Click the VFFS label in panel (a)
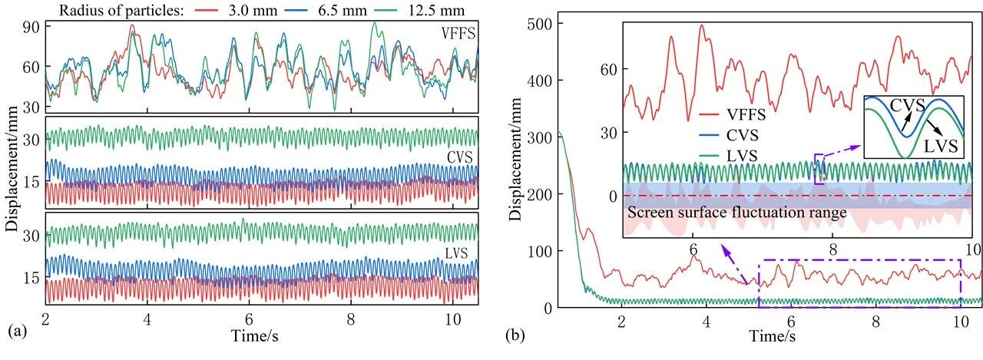pos(458,33)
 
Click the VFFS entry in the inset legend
pos(728,117)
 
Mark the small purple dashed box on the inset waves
pos(819,169)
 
